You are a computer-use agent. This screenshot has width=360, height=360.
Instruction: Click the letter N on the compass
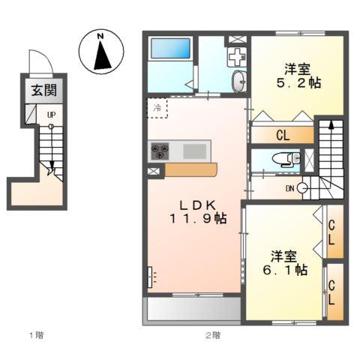(x=100, y=36)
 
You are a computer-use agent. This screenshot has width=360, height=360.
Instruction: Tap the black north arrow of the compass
(x=102, y=55)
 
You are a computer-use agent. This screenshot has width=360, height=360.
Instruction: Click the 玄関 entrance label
(x=44, y=90)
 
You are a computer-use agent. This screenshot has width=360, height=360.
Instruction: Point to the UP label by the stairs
(x=52, y=115)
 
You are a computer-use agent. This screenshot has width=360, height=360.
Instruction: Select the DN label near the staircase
(x=290, y=188)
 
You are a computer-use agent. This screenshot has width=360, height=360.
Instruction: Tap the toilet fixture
(x=286, y=159)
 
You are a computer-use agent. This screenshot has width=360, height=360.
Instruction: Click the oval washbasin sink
(x=239, y=81)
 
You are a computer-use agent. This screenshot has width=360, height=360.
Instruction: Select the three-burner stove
(x=160, y=151)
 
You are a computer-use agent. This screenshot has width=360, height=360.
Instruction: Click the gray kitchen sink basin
(x=195, y=151)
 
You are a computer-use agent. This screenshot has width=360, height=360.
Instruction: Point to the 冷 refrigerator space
(x=157, y=108)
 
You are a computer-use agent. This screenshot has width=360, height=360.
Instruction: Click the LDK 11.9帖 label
(x=198, y=212)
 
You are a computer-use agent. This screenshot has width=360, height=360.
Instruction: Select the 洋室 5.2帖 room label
(x=298, y=76)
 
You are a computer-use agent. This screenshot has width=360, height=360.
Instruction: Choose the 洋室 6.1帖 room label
(x=285, y=262)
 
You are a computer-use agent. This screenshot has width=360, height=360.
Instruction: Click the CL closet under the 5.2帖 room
(x=283, y=135)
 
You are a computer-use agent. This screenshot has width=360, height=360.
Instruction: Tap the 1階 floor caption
(x=37, y=335)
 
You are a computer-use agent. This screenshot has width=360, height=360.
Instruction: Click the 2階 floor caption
(x=213, y=335)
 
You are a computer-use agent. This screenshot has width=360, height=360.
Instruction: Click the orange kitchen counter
(x=191, y=169)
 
